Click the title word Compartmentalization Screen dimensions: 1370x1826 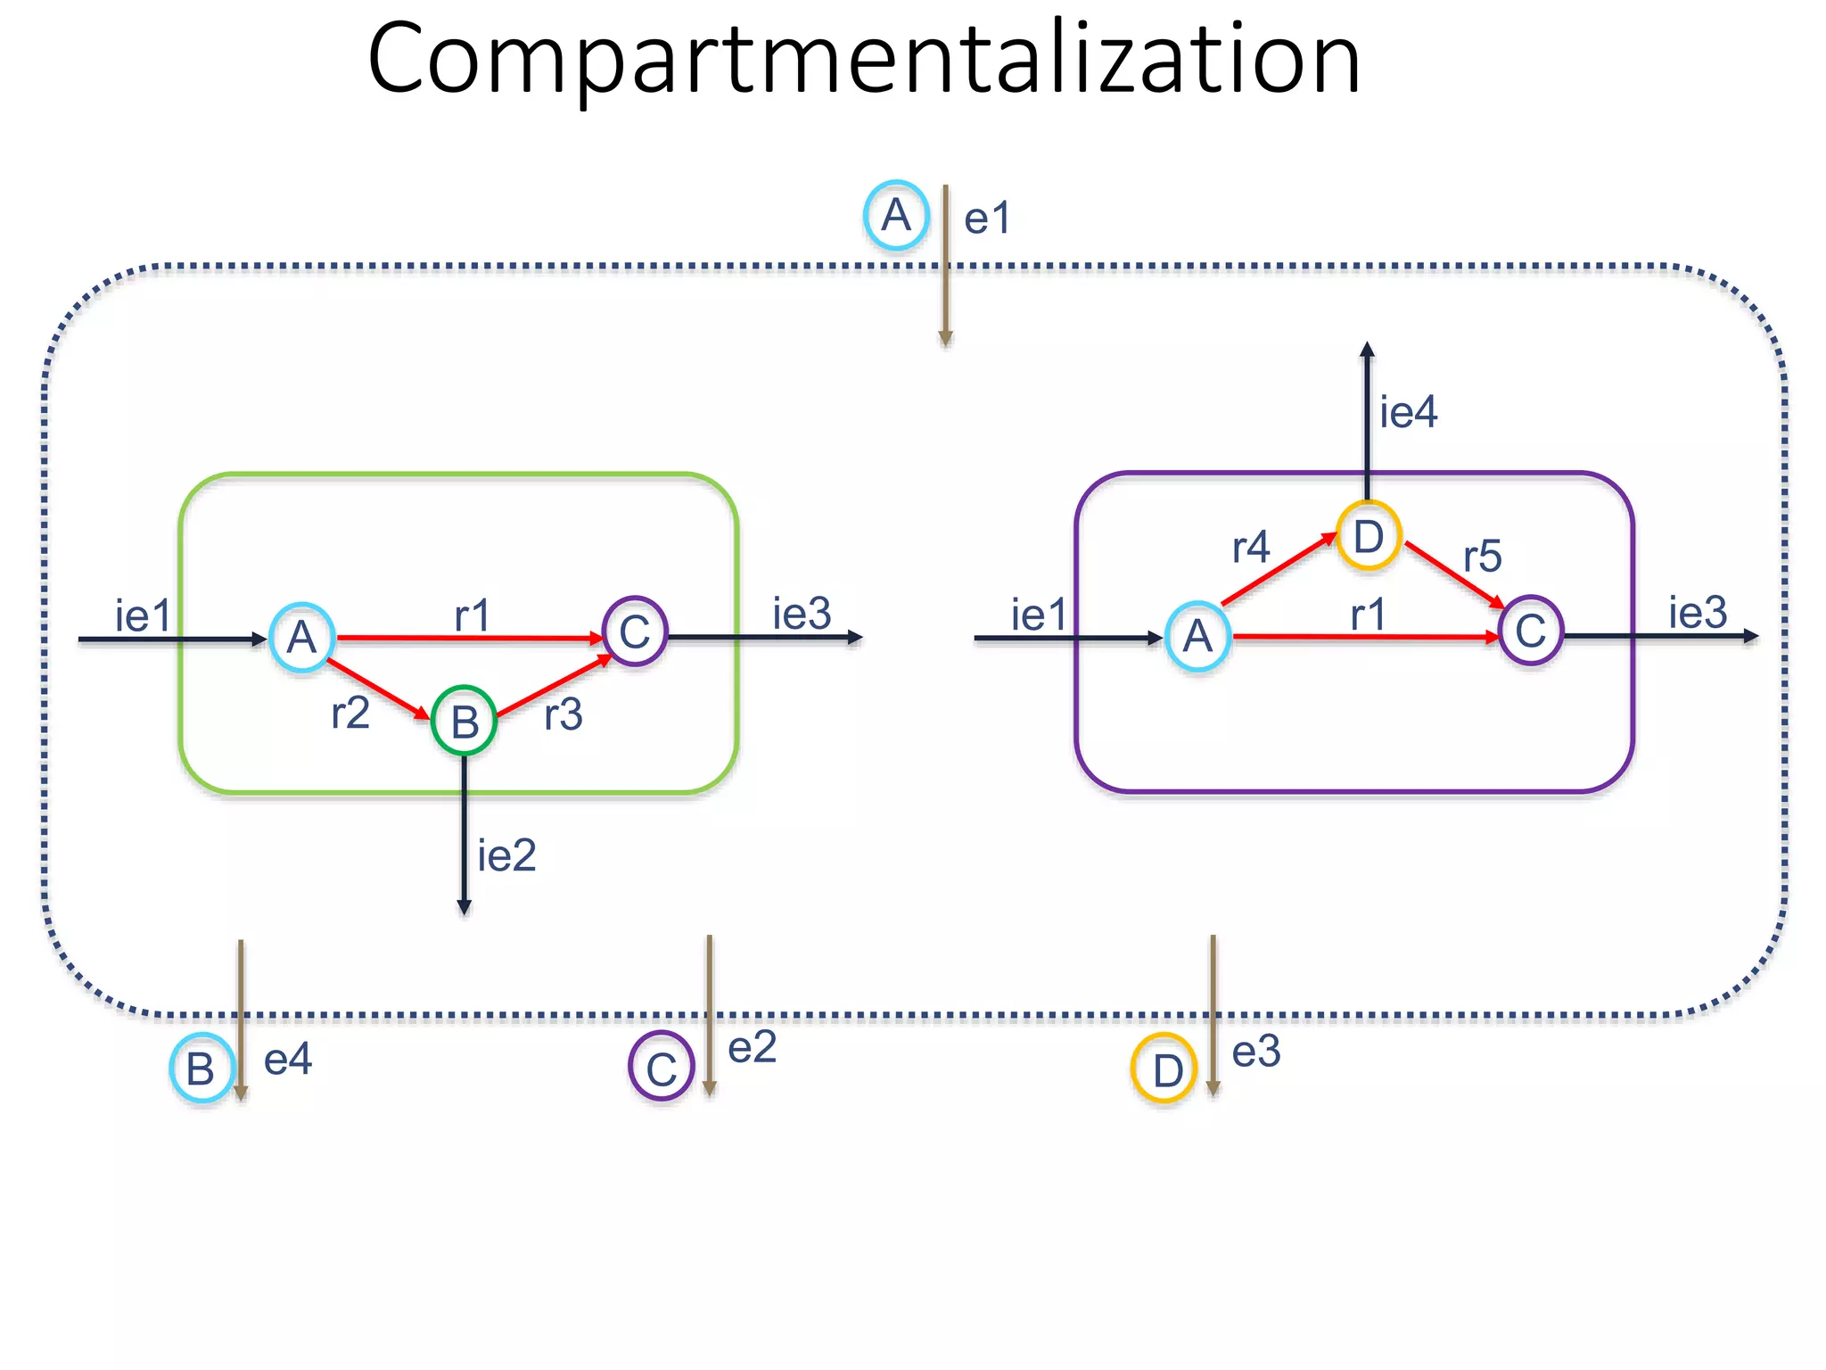pyautogui.click(x=863, y=61)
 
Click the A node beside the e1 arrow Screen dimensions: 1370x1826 pyautogui.click(x=896, y=215)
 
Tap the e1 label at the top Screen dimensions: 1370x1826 pyautogui.click(x=987, y=219)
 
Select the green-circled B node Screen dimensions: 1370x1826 pyautogui.click(x=464, y=721)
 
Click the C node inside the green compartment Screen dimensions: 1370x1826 pyautogui.click(x=635, y=631)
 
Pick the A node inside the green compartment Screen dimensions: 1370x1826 pyautogui.click(x=302, y=637)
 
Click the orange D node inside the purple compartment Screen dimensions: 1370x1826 pyautogui.click(x=1369, y=536)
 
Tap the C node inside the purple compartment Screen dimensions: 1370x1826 pyautogui.click(x=1531, y=631)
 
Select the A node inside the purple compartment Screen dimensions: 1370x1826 pyautogui.click(x=1198, y=636)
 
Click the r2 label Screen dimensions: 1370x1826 pyautogui.click(x=350, y=713)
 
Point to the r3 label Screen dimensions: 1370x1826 pyautogui.click(x=563, y=714)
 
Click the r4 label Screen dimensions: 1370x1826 pyautogui.click(x=1251, y=547)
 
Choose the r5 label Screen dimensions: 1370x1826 pyautogui.click(x=1483, y=557)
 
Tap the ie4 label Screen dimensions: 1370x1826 pyautogui.click(x=1409, y=412)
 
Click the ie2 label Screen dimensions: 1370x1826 pyautogui.click(x=506, y=856)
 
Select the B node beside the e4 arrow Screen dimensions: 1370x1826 pyautogui.click(x=202, y=1068)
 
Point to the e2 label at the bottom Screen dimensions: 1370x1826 pyautogui.click(x=753, y=1047)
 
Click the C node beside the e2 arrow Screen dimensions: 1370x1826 pyautogui.click(x=661, y=1067)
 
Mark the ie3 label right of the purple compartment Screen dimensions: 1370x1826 pyautogui.click(x=1698, y=613)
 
